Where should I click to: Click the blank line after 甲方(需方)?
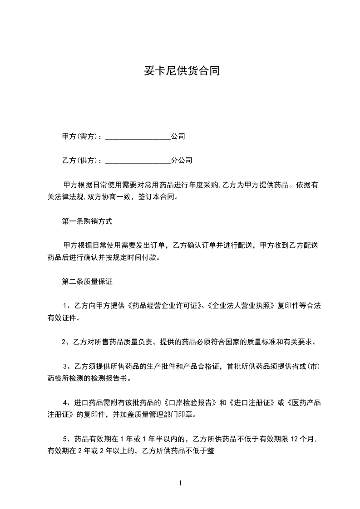[138, 137]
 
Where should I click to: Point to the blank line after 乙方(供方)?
[138, 161]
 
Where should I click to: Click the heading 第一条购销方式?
[87, 222]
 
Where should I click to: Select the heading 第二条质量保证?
[87, 282]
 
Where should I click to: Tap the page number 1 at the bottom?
[180, 483]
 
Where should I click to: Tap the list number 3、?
[66, 366]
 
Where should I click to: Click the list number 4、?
[66, 402]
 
